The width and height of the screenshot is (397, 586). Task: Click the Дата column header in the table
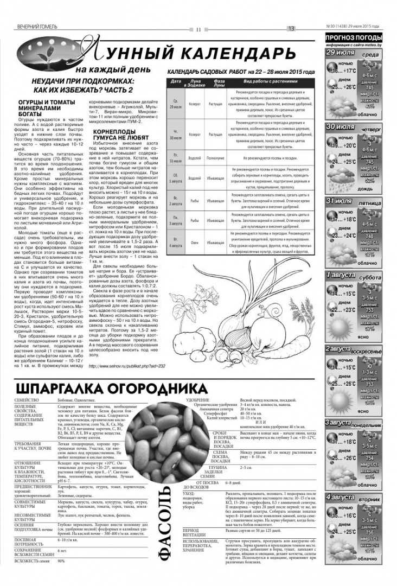[175, 81]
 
